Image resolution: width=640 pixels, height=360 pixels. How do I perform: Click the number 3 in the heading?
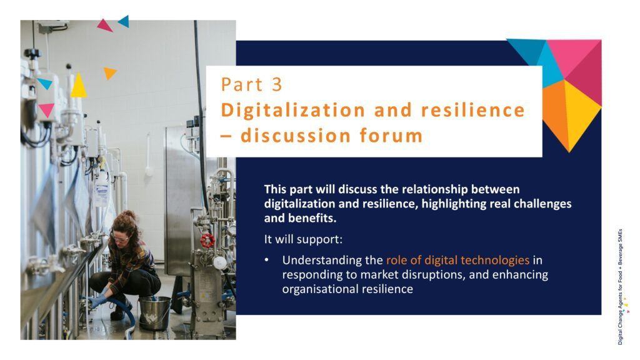point(277,84)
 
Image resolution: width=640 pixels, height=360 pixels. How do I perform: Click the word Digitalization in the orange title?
point(293,111)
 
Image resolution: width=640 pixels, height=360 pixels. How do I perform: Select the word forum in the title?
point(391,136)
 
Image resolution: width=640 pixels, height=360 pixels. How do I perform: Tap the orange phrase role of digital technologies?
point(457,260)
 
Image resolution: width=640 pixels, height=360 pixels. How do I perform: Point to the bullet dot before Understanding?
point(266,259)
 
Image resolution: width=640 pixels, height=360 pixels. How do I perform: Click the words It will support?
point(303,239)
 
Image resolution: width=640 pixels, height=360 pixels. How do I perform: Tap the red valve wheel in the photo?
point(207,241)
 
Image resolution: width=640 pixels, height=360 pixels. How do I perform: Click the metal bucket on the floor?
point(154,313)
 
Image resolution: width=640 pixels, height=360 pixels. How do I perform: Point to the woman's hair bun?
point(129,214)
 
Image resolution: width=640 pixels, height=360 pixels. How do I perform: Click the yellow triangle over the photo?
point(78,85)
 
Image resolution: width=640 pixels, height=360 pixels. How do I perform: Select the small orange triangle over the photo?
point(109,72)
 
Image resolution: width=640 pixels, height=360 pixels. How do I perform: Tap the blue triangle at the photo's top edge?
point(124,21)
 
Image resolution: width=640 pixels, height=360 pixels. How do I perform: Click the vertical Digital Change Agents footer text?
point(620,286)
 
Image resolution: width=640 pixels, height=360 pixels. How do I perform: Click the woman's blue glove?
point(97,302)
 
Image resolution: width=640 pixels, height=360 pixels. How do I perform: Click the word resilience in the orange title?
point(472,111)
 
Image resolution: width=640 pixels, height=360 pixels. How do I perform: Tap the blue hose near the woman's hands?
point(124,310)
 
